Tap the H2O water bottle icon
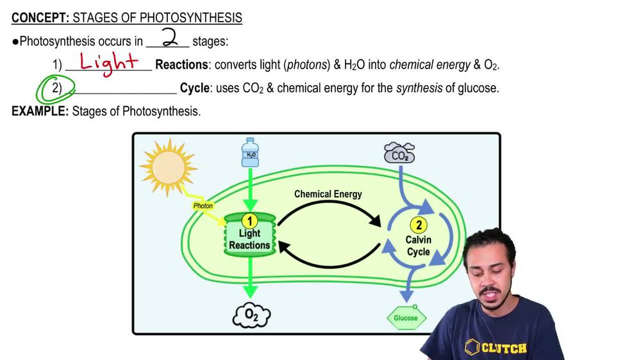coord(250,152)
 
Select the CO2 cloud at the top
coord(399,154)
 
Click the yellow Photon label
coord(203,206)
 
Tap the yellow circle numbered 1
coord(250,221)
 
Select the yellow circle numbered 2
coord(419,225)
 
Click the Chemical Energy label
coord(328,194)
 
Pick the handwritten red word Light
coord(109,62)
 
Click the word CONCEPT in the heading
coord(40,18)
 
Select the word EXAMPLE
coord(40,111)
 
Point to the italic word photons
coord(306,65)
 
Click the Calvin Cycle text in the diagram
coord(419,245)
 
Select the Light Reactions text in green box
coord(249,240)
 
